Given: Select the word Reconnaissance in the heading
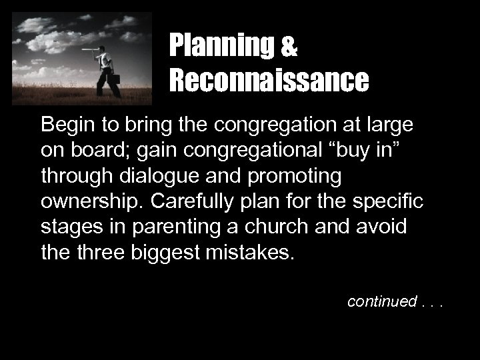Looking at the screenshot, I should point(268,80).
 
